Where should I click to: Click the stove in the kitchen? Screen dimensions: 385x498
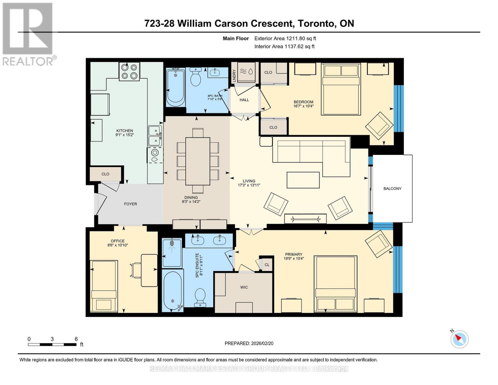[129, 71]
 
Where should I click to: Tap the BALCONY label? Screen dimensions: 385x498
[392, 189]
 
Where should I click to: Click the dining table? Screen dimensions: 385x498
[198, 161]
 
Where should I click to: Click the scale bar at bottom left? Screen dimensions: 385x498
[52, 345]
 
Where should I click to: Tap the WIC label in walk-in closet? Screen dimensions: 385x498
[244, 287]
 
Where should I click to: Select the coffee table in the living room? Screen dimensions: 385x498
[303, 180]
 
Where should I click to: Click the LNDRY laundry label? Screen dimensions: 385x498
[234, 75]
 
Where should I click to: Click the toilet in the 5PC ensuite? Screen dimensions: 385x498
[200, 295]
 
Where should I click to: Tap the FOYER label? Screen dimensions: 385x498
[131, 204]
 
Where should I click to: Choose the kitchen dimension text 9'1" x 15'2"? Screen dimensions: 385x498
[125, 135]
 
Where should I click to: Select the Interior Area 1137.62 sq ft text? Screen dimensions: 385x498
[284, 47]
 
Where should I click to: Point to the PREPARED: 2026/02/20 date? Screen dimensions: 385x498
[249, 344]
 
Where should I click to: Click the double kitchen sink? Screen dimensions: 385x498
[155, 136]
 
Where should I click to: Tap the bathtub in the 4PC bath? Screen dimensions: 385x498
[175, 88]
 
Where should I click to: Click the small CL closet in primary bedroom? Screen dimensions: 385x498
[267, 265]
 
